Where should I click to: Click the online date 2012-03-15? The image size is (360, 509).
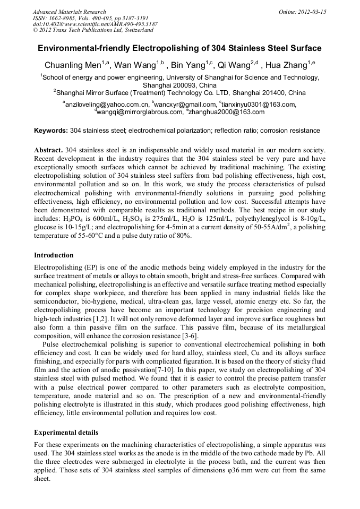click(x=310, y=12)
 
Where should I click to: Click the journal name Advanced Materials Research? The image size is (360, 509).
click(x=69, y=12)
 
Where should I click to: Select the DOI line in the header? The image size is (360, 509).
click(x=95, y=24)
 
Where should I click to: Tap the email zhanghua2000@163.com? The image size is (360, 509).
click(x=226, y=112)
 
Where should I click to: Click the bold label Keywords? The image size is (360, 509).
click(x=51, y=130)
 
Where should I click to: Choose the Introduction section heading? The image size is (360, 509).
click(x=55, y=255)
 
